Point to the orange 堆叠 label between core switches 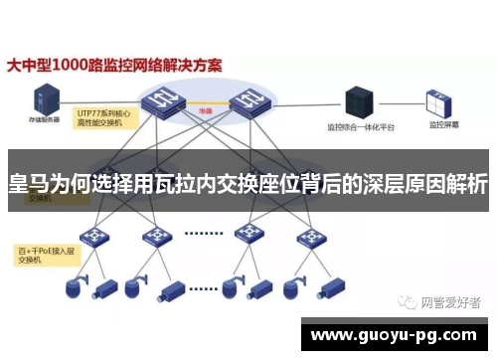click(x=206, y=112)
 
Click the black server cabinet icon click(x=358, y=100)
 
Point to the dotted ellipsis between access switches click(x=203, y=235)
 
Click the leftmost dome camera click(x=73, y=286)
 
